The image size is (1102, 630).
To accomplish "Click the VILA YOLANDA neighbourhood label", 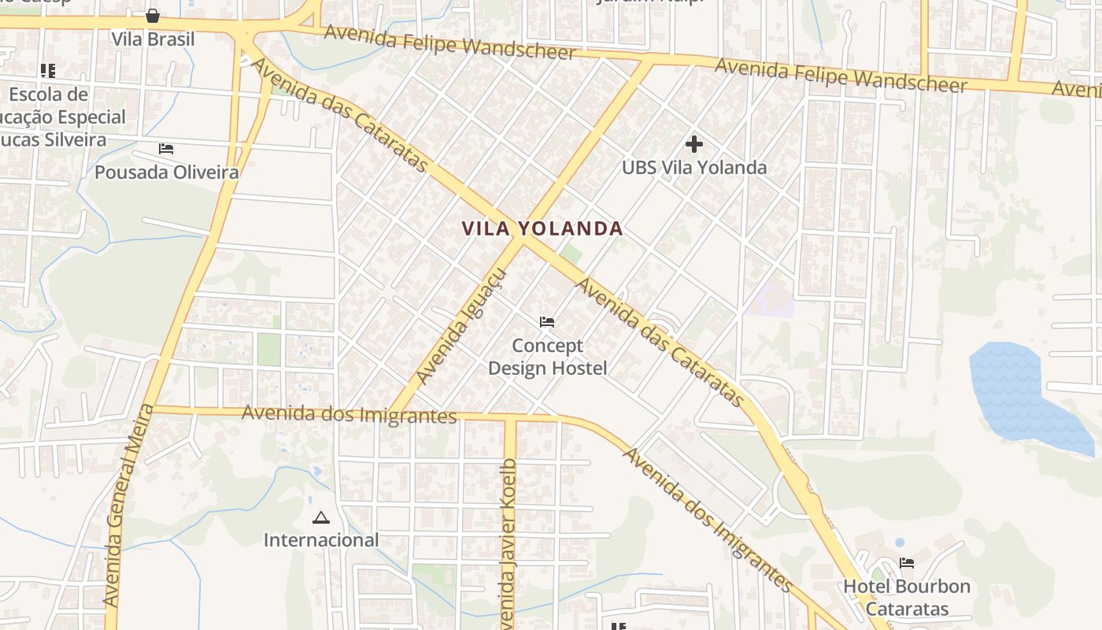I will (x=542, y=229).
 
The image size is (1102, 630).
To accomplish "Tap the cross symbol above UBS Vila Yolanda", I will (x=693, y=144).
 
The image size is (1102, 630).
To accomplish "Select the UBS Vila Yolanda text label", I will (x=693, y=168).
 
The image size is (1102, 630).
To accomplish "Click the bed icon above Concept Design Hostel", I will (x=547, y=322).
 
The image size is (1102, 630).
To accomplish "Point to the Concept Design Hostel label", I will (x=548, y=357).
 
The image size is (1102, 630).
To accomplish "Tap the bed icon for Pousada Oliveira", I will (x=166, y=148).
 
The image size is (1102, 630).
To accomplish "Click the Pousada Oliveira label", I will (x=167, y=172).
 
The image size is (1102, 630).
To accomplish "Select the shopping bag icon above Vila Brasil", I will (x=153, y=16).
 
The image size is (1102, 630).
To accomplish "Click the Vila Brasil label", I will (x=153, y=39).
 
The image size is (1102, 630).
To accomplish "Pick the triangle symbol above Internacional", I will (x=320, y=517).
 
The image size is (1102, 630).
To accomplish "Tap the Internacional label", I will (x=320, y=540).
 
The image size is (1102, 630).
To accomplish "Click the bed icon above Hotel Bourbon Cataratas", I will (x=907, y=563).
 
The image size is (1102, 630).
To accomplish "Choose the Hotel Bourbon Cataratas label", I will (x=907, y=598).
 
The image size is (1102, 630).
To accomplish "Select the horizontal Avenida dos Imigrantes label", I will (x=349, y=414).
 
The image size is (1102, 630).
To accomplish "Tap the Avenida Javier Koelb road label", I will (x=508, y=543).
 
